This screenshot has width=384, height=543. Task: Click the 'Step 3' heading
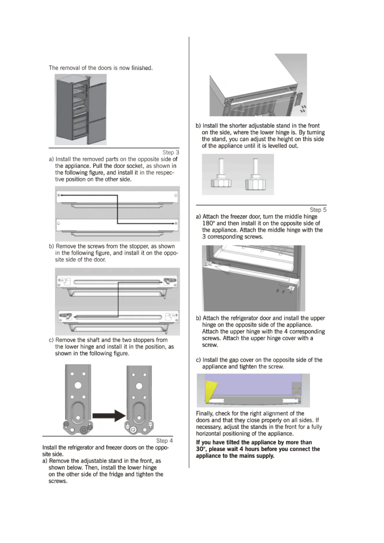tap(171, 152)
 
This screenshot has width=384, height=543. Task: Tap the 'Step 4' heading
tap(164, 440)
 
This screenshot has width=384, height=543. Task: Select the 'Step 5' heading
tap(318, 210)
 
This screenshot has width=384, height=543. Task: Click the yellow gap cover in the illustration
tap(210, 390)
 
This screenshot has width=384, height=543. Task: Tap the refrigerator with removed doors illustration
tap(81, 109)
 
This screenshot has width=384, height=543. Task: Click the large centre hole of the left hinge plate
tap(78, 385)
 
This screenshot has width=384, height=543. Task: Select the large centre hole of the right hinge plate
tap(139, 386)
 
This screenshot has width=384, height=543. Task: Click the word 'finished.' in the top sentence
tap(142, 68)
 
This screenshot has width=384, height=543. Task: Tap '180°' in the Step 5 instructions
tap(209, 223)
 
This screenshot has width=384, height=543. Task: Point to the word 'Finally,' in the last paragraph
tap(205, 413)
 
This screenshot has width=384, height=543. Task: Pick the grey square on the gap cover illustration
tap(296, 388)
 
